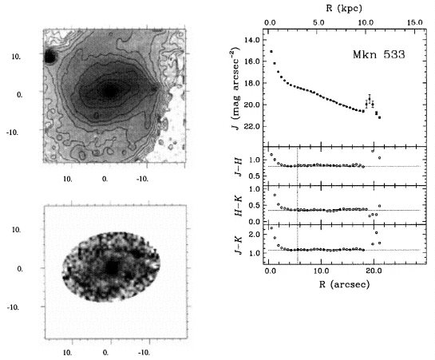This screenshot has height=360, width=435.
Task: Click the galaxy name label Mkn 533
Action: point(378,54)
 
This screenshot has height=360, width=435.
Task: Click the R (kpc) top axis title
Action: point(344,8)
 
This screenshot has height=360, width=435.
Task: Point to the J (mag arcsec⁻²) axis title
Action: point(235,89)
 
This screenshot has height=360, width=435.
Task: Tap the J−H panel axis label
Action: point(239,168)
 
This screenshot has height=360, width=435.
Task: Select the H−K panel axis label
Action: point(239,206)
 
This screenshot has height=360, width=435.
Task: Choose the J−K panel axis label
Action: point(239,246)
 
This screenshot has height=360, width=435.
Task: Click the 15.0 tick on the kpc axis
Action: point(415,22)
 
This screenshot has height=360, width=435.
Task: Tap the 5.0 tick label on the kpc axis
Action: point(318,22)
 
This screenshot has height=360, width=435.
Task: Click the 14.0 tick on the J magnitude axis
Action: point(252,40)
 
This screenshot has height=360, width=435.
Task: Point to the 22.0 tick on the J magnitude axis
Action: point(252,126)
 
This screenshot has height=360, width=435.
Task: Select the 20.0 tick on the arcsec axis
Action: point(374,270)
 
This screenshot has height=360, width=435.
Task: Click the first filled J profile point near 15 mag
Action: point(271,51)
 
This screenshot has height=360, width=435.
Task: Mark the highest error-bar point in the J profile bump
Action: point(370,99)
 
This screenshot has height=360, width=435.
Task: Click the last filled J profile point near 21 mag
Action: point(379,117)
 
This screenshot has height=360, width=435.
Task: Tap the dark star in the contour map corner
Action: point(50,57)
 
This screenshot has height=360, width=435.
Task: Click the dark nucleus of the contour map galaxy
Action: point(110,91)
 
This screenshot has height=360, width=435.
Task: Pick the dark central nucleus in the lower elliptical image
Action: point(112,268)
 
